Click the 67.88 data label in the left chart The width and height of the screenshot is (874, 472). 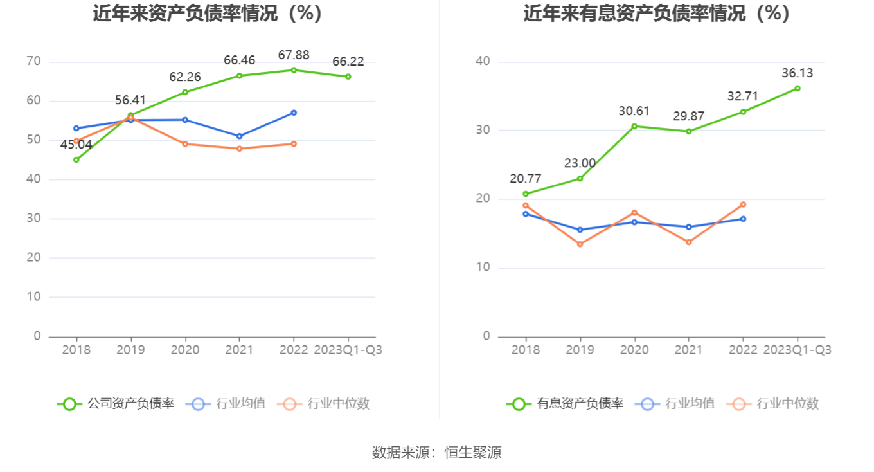coord(294,55)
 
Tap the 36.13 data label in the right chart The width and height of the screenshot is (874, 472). coord(797,73)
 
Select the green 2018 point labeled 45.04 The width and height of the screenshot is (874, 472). coord(76,159)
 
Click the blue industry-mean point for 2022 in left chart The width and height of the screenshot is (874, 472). coord(294,113)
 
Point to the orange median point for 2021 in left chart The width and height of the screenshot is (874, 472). coord(240,149)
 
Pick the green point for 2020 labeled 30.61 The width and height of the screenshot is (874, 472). coord(634,126)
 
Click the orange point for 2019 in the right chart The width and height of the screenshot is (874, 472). coord(580,244)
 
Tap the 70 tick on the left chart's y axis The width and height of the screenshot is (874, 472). coord(33,62)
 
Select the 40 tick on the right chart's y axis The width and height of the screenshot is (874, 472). coord(483,62)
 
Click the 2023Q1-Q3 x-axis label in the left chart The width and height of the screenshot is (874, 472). coord(348,350)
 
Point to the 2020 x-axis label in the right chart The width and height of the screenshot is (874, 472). coord(634,350)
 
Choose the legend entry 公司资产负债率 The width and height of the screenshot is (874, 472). coord(116,404)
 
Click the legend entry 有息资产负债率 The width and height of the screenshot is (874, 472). coord(566,404)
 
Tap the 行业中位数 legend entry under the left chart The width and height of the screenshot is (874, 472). coord(325,404)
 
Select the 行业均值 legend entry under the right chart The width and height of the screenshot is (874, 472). coord(675,404)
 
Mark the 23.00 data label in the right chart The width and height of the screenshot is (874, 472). coord(580,163)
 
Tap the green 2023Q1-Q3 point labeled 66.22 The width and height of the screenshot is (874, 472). coord(348,77)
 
